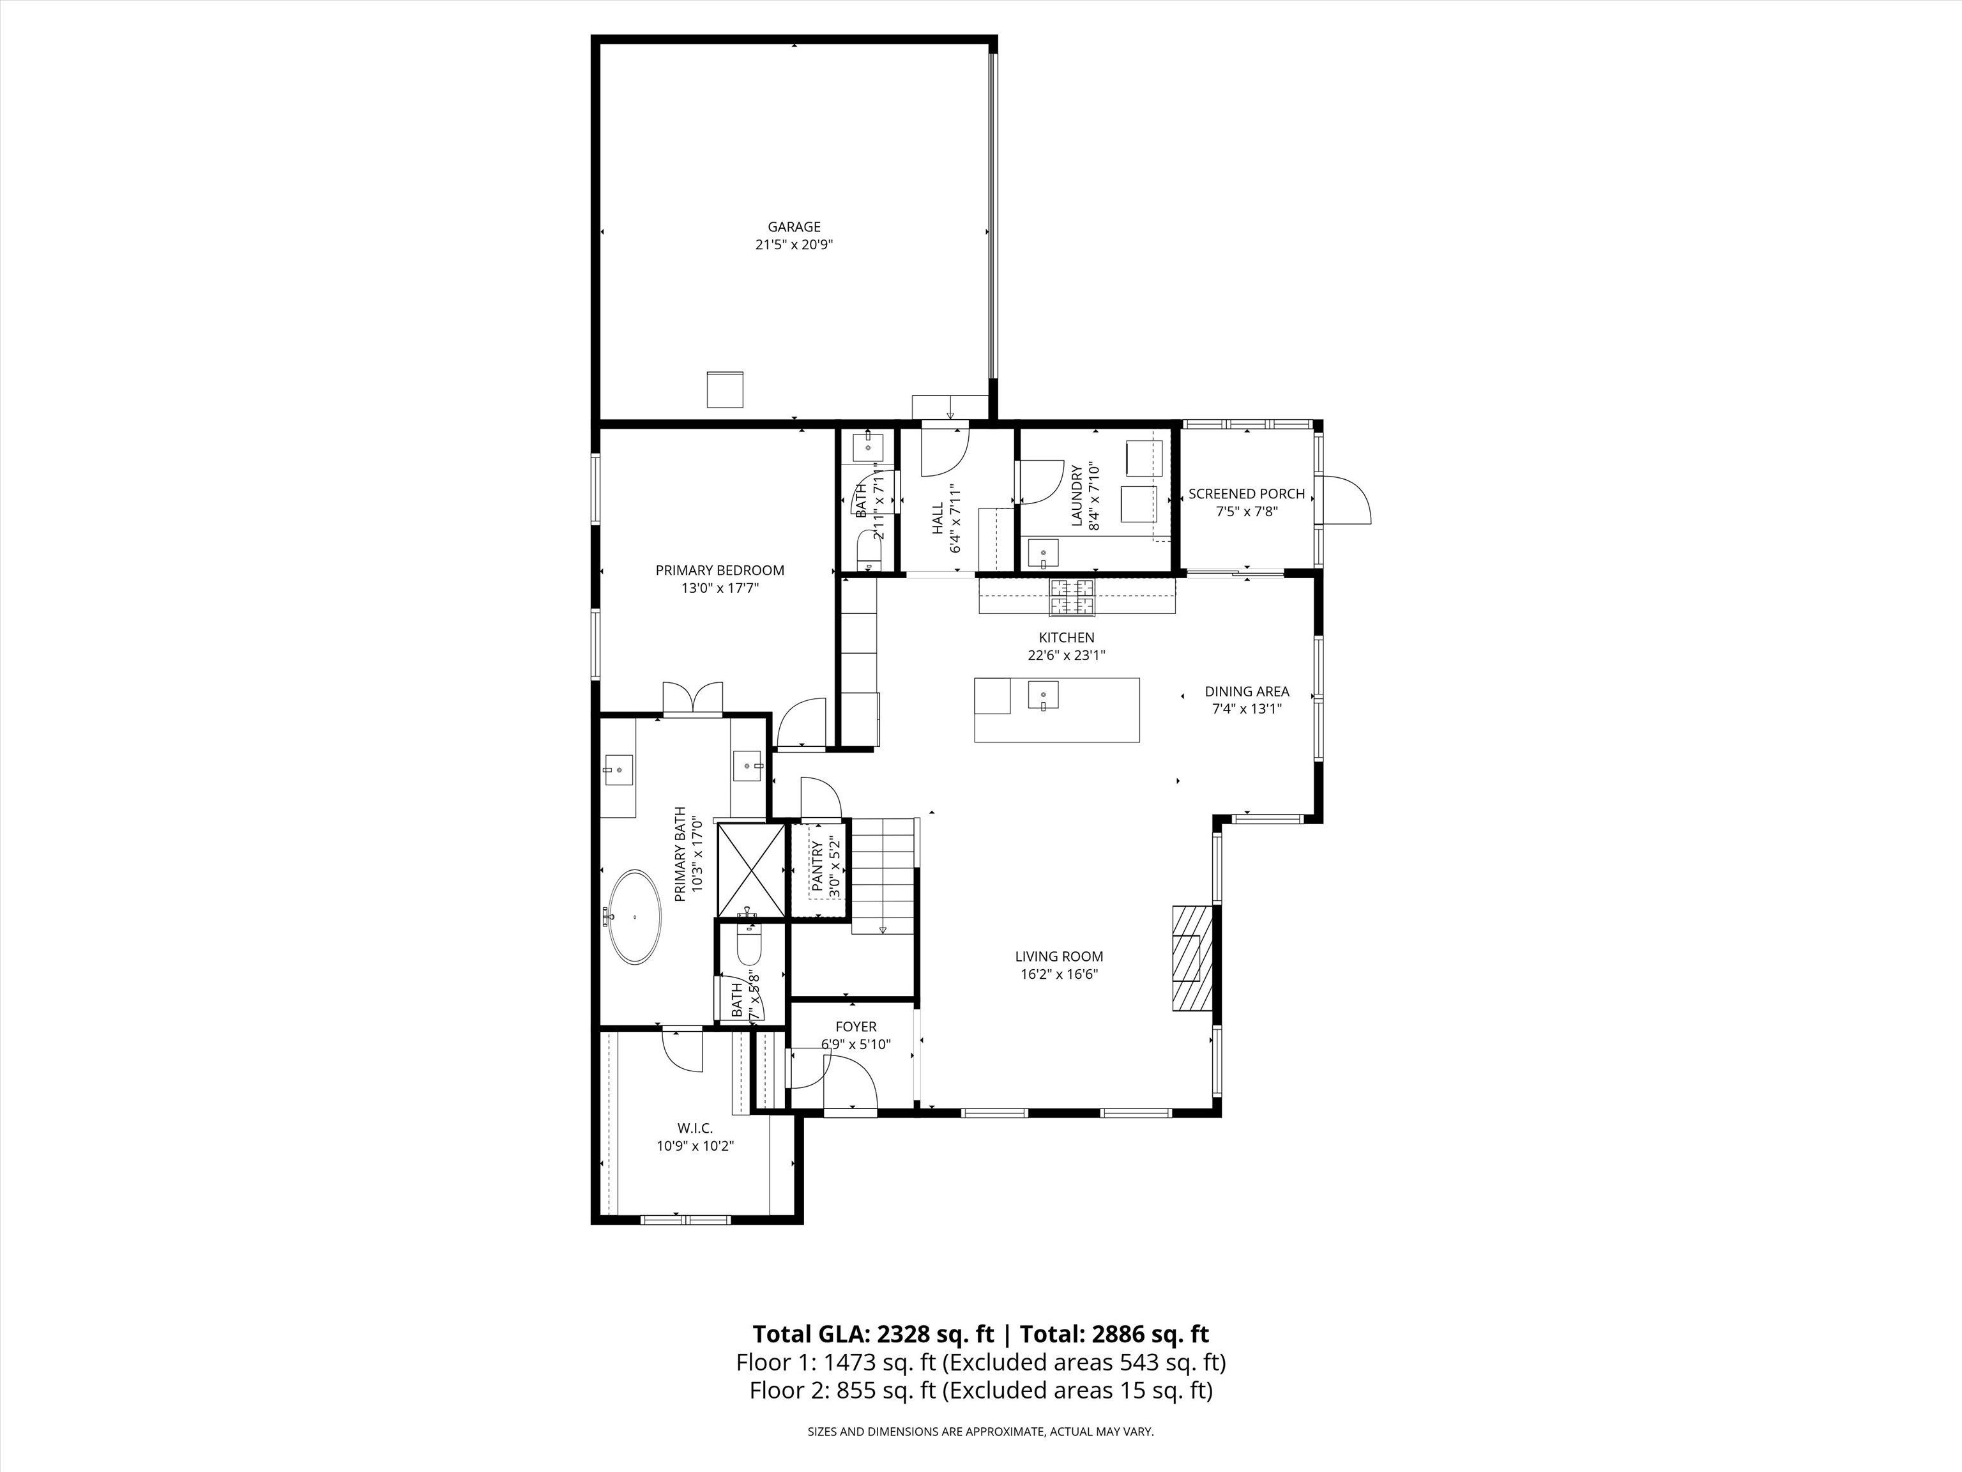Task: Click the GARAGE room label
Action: point(794,227)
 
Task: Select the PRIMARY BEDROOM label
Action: point(719,571)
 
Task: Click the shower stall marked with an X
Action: point(750,870)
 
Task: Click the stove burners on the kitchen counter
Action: point(1072,597)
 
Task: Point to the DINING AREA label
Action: point(1246,691)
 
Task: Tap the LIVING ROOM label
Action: point(1059,956)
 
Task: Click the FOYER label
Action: point(855,1027)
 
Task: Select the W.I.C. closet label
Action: point(694,1128)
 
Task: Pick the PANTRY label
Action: point(817,869)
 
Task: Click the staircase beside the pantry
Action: point(883,874)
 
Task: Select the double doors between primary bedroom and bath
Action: point(693,698)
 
